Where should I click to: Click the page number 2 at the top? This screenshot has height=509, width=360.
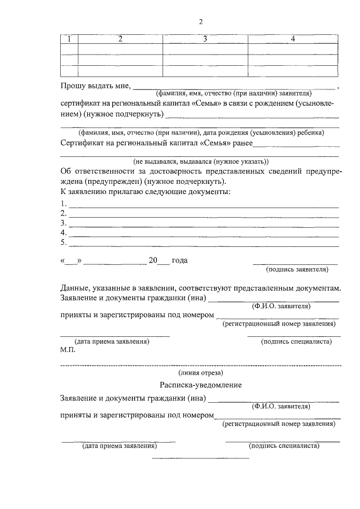tap(200, 22)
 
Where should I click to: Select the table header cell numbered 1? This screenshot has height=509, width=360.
tap(69, 39)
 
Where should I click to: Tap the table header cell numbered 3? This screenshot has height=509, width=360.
tap(205, 39)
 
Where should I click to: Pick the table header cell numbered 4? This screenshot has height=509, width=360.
tap(292, 39)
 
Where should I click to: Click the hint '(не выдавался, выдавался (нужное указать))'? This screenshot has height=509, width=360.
tap(201, 160)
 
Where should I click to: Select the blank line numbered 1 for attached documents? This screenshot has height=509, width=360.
tap(202, 205)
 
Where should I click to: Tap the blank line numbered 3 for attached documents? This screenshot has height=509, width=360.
tap(202, 224)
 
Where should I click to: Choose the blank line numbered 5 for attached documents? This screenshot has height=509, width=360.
tap(202, 243)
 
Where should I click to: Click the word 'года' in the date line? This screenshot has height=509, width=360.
tap(179, 260)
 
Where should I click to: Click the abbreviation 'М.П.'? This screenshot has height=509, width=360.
tap(67, 349)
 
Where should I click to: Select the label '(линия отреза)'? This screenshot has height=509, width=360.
tap(201, 372)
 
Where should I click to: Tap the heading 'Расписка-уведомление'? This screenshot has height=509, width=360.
tap(201, 385)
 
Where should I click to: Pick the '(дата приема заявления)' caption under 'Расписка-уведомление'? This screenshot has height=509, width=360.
tap(119, 446)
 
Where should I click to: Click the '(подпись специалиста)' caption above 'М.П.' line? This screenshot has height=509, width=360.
tap(294, 341)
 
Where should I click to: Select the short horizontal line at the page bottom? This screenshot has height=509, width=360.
tap(201, 458)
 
